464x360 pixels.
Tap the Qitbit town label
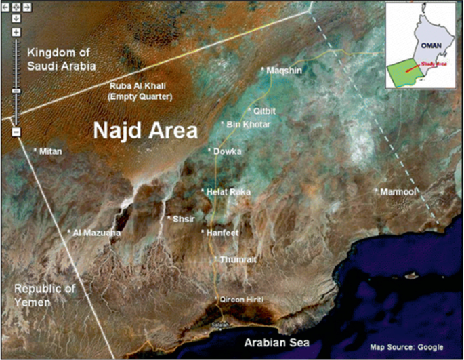point(265,110)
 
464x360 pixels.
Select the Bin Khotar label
point(249,125)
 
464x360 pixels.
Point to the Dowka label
point(228,152)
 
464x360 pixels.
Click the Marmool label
point(399,192)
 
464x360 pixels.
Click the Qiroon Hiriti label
point(239,300)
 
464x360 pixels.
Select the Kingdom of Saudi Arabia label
point(61,59)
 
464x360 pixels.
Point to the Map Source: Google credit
point(408,347)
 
